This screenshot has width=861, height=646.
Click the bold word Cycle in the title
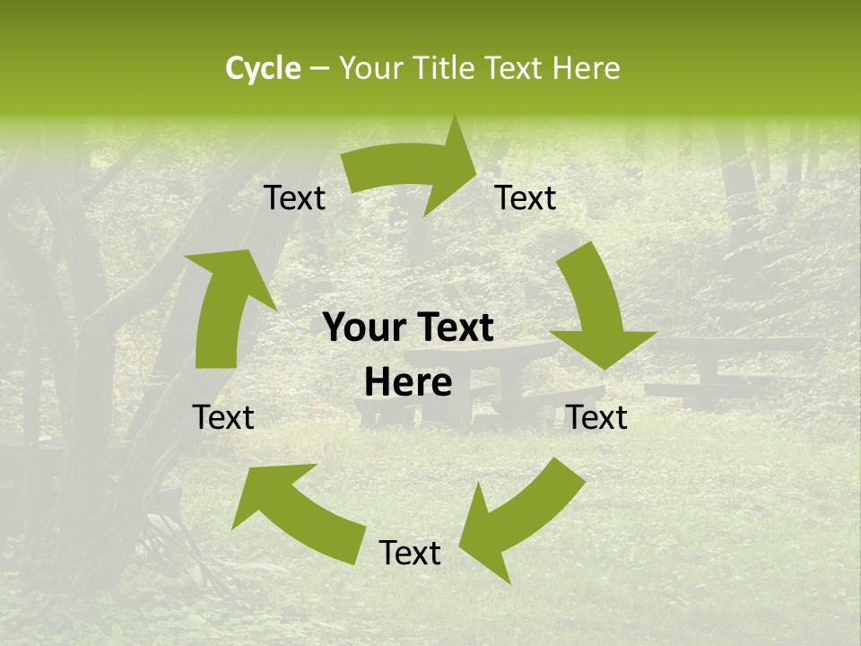click(263, 68)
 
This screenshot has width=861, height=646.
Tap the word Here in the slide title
click(586, 68)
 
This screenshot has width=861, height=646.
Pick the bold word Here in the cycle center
click(408, 383)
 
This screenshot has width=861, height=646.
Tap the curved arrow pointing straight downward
click(596, 310)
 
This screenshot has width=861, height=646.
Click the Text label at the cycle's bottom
click(410, 553)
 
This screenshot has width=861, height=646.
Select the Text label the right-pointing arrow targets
click(526, 197)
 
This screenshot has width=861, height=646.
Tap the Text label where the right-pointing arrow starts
click(295, 197)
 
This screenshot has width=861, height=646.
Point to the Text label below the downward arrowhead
click(597, 417)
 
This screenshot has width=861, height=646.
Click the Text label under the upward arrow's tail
click(224, 417)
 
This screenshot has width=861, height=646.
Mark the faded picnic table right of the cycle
click(726, 363)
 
